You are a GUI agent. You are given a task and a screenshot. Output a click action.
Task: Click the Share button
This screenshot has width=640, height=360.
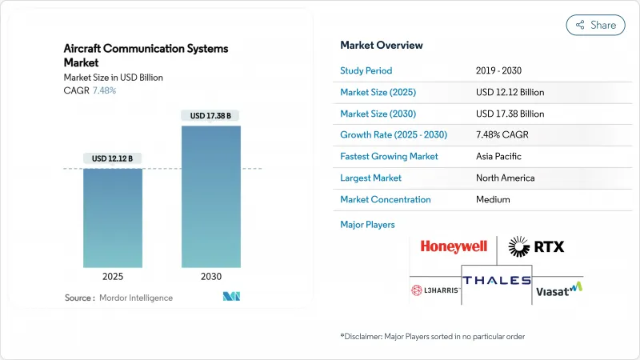coord(596,25)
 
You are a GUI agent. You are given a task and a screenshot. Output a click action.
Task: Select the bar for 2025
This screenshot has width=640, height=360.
coord(113,218)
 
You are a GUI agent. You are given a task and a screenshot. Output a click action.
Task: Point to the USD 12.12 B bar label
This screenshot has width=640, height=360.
coord(113,158)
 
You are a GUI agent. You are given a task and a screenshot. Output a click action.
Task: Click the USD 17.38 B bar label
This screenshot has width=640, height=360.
coord(211,116)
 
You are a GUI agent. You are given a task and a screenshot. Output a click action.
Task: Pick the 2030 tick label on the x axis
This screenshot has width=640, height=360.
coord(211,276)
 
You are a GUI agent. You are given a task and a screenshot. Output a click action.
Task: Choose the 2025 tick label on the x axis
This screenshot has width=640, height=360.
coord(113,276)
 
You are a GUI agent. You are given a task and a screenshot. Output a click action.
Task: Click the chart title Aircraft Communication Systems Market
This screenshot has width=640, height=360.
coord(146,55)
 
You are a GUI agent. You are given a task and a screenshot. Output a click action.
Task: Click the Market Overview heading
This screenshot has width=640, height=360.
coord(382,45)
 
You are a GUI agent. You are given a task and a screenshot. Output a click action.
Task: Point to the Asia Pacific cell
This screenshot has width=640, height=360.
coord(501,156)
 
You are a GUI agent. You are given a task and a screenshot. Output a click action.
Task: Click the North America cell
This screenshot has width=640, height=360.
coord(505,178)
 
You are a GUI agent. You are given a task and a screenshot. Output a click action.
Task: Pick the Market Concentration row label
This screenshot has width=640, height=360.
coord(386,199)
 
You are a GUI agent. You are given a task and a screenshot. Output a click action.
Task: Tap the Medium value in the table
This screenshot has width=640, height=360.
coord(494,199)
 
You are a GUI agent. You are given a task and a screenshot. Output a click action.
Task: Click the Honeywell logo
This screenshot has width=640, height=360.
coord(454,247)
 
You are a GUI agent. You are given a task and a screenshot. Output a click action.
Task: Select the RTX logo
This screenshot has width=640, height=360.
coord(537,246)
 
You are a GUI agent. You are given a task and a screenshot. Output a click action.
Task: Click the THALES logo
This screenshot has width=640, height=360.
coord(496,281)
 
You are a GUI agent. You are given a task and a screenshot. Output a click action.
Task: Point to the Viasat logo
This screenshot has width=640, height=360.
coord(558,290)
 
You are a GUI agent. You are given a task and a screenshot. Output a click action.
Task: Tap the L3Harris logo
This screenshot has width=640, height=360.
coord(434,290)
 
